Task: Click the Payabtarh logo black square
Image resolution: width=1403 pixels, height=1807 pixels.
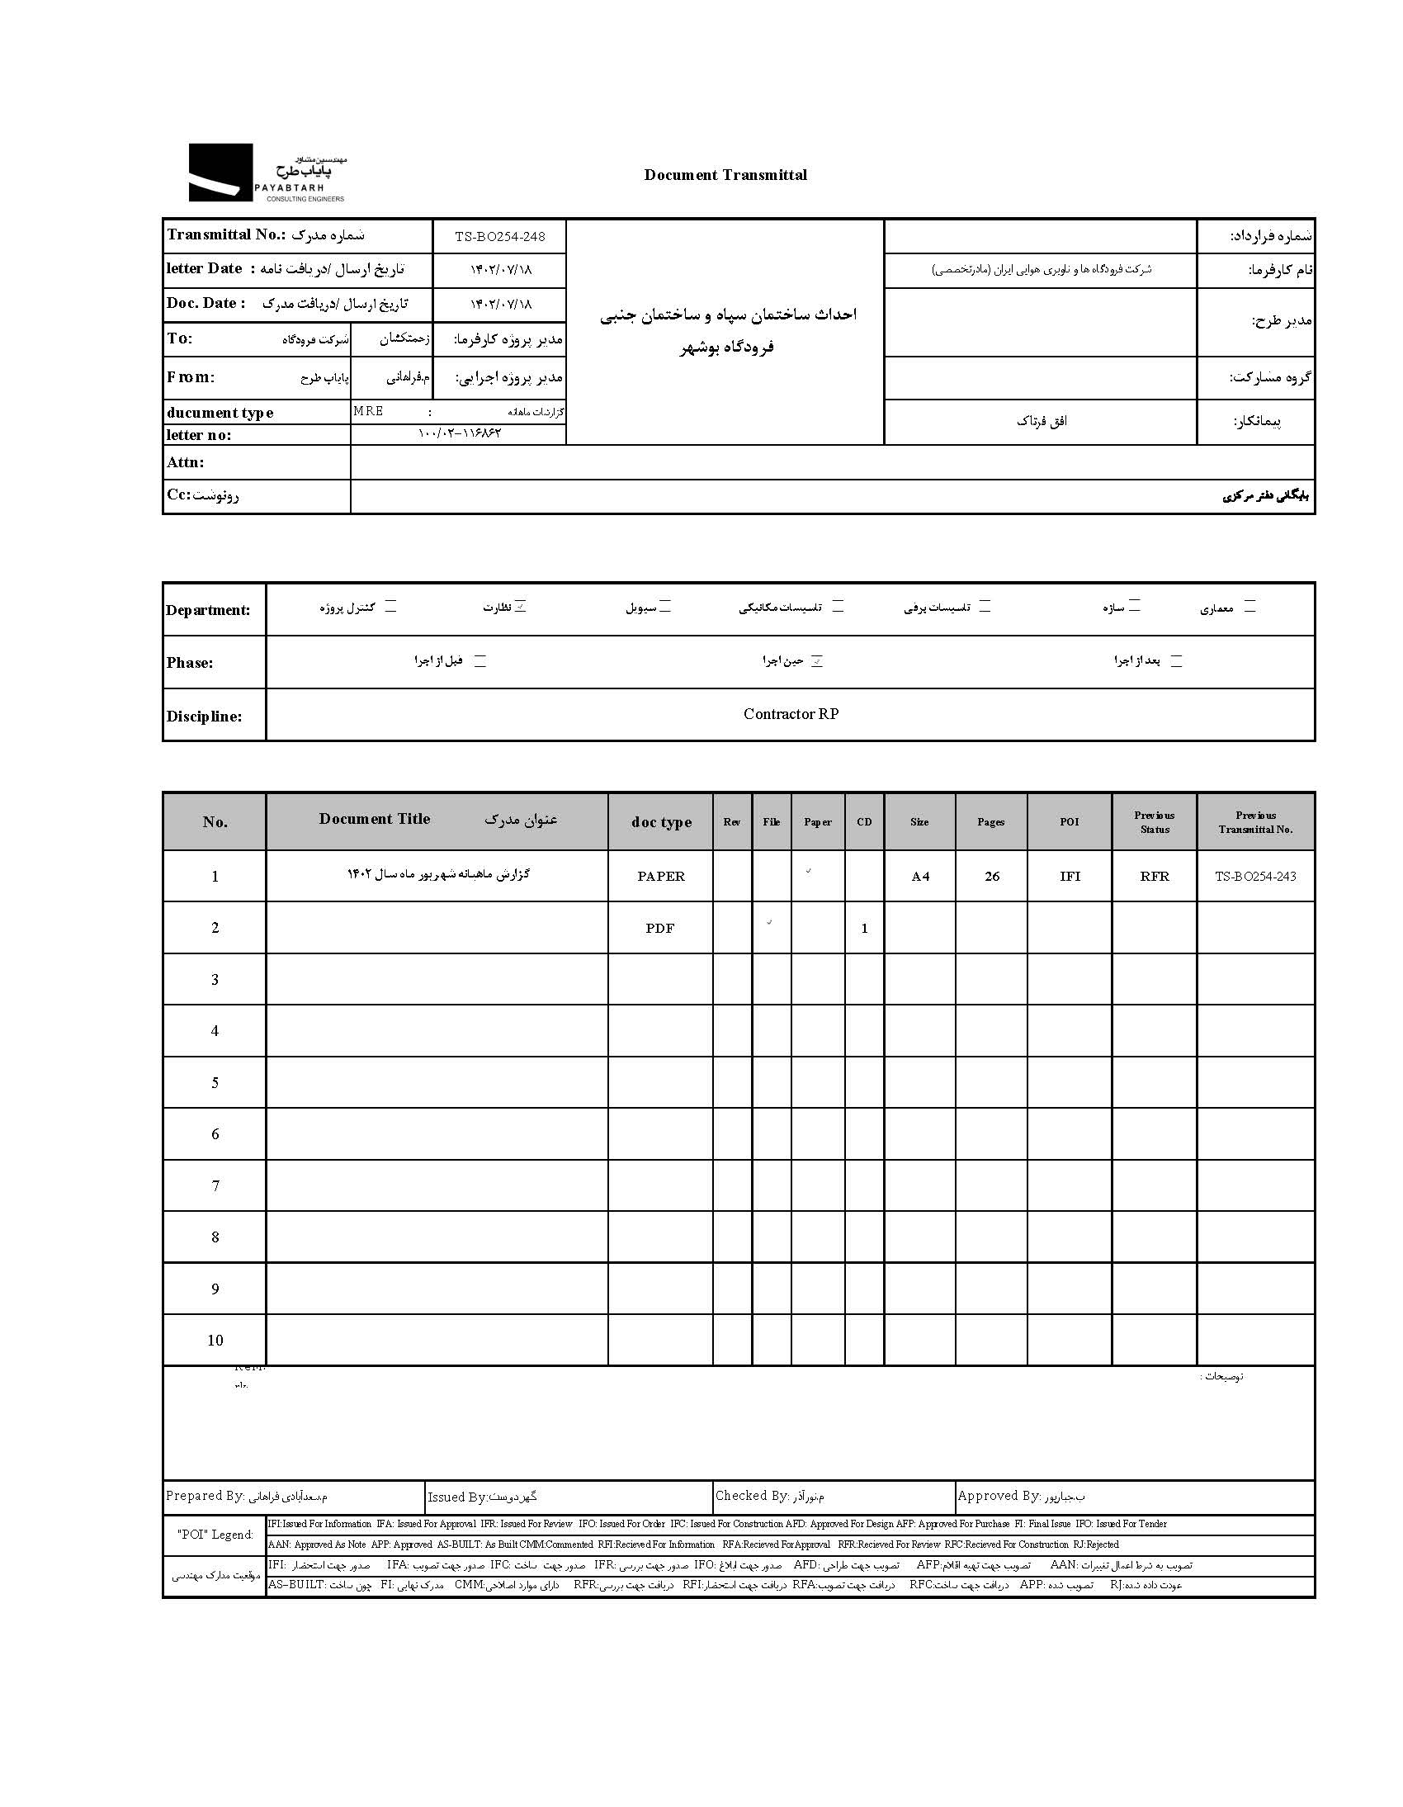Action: point(220,172)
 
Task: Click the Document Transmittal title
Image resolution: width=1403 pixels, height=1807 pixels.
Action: point(725,174)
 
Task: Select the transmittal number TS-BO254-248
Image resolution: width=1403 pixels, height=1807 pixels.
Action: point(499,237)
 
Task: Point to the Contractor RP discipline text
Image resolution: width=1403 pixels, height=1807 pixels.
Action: point(791,714)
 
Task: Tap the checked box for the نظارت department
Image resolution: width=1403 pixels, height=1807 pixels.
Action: point(520,607)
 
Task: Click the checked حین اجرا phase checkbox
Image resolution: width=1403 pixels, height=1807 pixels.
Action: point(816,661)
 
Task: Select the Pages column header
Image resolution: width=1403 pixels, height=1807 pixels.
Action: point(990,821)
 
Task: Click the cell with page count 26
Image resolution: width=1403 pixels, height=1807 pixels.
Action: point(992,876)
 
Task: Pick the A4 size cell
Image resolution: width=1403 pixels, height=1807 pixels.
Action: point(920,876)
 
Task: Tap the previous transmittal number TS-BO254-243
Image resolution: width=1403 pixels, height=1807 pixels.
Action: point(1255,876)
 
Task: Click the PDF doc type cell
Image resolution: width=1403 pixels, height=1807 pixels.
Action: point(659,928)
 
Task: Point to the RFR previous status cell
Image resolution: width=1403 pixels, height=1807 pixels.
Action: point(1154,876)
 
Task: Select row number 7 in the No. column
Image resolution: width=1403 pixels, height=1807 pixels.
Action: point(215,1185)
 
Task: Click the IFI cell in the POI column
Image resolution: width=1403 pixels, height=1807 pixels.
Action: point(1070,876)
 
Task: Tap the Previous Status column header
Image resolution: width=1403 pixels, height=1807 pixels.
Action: point(1154,821)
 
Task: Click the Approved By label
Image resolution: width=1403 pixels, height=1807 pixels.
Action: point(999,1495)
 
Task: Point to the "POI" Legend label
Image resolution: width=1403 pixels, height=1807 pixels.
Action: point(215,1534)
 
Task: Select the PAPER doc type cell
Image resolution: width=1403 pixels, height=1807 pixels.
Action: point(661,876)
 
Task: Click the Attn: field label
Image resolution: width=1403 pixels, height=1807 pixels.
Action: point(186,462)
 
